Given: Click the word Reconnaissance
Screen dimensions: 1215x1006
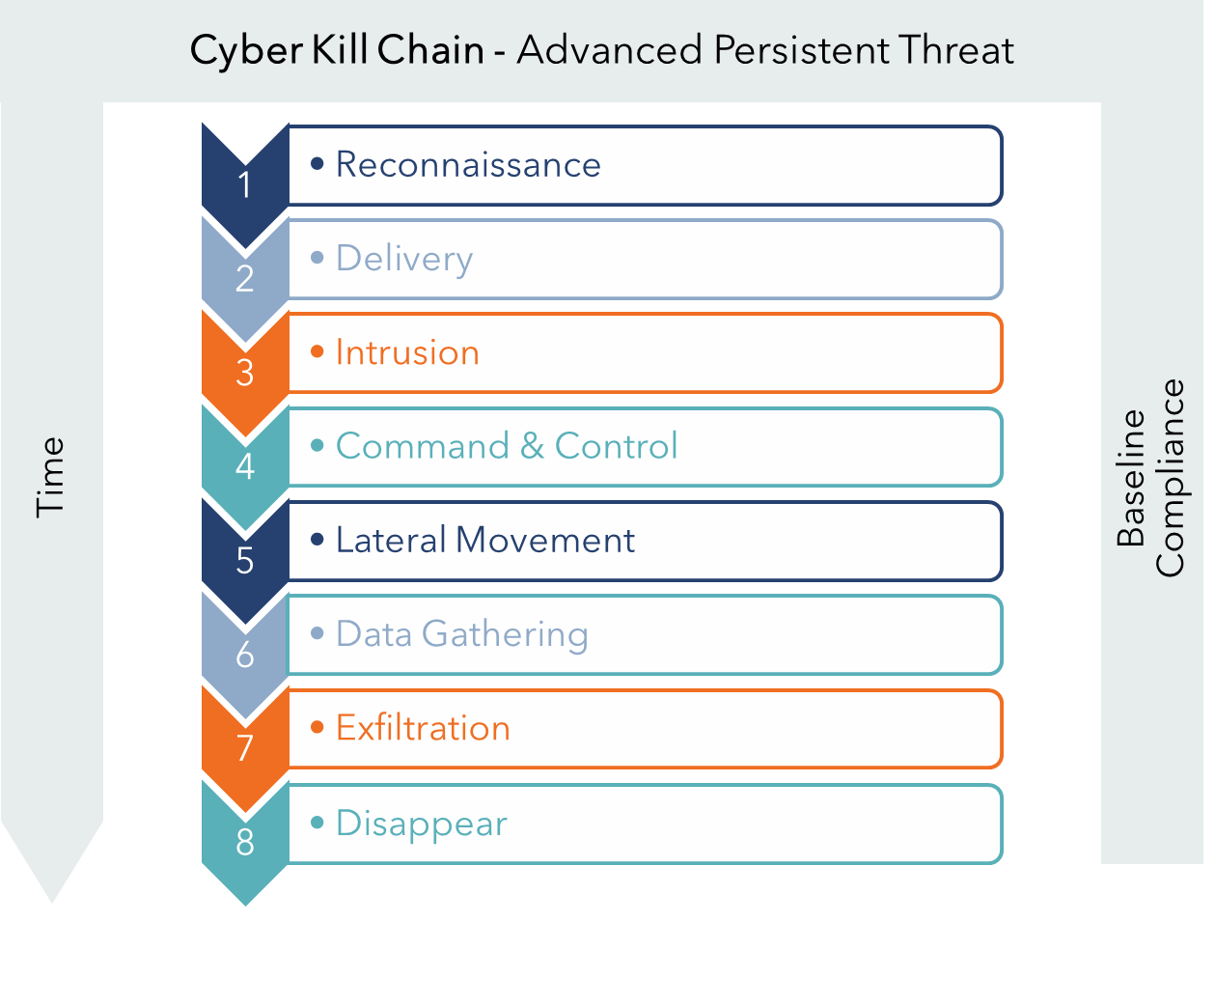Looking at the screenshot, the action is (468, 164).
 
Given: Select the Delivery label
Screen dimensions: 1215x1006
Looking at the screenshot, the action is (404, 260).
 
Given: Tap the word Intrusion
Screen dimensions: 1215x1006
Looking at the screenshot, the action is (407, 352).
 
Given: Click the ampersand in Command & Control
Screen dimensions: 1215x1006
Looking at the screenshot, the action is (532, 446).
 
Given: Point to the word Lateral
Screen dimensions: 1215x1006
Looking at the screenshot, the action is (391, 540).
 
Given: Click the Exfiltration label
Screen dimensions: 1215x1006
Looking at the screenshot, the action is (423, 728).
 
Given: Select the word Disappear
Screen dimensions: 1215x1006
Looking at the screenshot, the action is (422, 824).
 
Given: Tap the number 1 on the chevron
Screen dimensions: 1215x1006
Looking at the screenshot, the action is (245, 184).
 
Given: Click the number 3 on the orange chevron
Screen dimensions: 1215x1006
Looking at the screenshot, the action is (245, 373).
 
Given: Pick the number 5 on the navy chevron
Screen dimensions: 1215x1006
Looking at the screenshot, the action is (245, 560).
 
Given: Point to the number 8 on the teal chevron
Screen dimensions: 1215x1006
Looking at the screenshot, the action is (245, 842).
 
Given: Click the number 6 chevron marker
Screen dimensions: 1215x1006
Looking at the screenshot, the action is (245, 655).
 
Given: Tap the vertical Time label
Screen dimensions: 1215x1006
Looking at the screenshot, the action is (50, 477).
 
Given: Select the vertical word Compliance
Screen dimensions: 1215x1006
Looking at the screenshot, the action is (1171, 478).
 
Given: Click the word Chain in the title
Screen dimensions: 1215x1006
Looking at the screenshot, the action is (430, 49).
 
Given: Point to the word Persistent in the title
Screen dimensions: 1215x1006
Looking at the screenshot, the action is (801, 49).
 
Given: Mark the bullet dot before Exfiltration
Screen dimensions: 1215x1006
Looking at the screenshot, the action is (318, 727).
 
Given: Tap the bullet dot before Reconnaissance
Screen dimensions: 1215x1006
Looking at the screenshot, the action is (318, 163).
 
